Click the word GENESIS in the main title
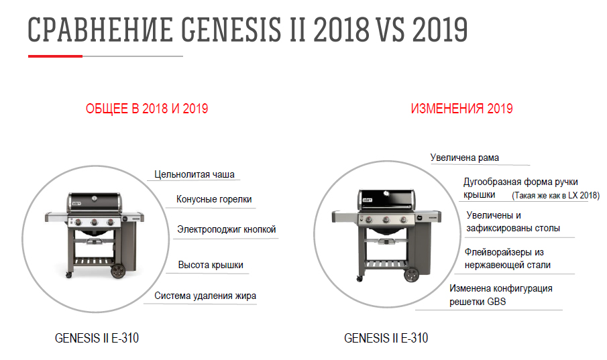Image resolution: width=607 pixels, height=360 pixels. [231, 29]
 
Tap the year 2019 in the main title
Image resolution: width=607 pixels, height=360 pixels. [440, 29]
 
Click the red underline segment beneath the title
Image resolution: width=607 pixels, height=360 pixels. [56, 56]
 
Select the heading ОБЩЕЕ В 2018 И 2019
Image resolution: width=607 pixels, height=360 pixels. [147, 109]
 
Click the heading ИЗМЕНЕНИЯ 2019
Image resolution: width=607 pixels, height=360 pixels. [462, 109]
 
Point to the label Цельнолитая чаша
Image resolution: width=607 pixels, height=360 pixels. [195, 174]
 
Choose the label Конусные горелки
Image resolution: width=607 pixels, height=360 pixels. [214, 199]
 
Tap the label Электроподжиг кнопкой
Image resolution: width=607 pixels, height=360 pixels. [227, 229]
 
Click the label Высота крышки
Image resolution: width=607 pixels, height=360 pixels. [211, 265]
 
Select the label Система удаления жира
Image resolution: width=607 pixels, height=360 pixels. [205, 296]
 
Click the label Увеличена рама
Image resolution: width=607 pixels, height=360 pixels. [465, 158]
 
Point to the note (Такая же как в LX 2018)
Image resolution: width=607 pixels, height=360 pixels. [555, 195]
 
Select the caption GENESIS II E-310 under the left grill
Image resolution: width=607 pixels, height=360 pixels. [97, 338]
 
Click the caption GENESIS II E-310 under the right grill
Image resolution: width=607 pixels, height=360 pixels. [386, 338]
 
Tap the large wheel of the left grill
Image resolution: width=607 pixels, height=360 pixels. [118, 271]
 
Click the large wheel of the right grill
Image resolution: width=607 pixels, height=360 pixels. [412, 275]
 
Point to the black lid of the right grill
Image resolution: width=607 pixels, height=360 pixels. [386, 200]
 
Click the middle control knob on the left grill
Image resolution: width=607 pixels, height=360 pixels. [94, 222]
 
